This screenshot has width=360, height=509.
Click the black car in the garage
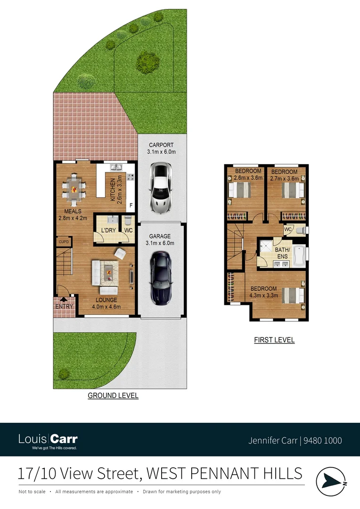(160, 279)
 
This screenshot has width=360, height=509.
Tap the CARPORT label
(162, 145)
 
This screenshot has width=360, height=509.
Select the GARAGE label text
(160, 236)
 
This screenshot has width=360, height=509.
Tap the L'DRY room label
(109, 230)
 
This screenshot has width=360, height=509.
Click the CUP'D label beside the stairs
(64, 242)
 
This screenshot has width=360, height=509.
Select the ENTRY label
(64, 307)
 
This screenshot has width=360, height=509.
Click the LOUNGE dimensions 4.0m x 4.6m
(106, 307)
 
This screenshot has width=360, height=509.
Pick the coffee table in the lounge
(108, 272)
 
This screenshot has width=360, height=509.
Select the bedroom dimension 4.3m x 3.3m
(264, 296)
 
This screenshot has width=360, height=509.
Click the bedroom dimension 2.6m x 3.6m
(248, 178)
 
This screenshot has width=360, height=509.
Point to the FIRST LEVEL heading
(274, 340)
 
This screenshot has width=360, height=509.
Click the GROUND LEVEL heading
(113, 396)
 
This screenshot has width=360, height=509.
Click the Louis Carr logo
(48, 441)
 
